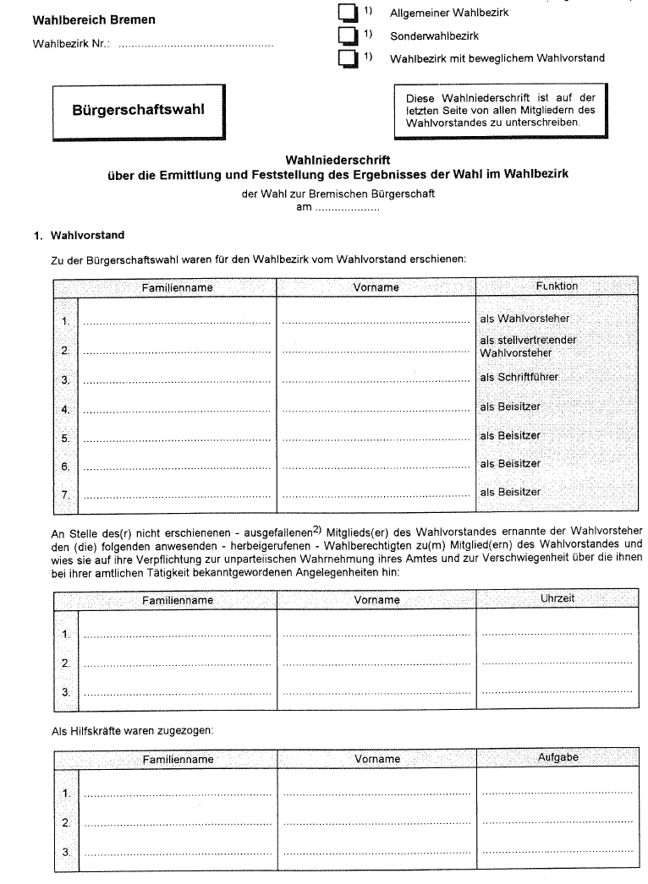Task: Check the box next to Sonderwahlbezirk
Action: tap(347, 35)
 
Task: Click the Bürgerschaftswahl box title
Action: tap(138, 110)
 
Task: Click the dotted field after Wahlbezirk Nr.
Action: tap(195, 44)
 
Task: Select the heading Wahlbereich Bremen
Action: tap(94, 19)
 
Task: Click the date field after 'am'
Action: tap(347, 209)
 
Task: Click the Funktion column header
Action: tap(556, 286)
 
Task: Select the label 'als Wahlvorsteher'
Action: tap(524, 319)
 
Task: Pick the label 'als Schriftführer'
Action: tap(519, 378)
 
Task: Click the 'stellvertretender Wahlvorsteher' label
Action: tap(527, 346)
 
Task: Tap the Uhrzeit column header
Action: tap(557, 598)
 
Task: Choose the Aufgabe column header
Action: tap(557, 758)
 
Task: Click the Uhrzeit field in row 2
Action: tap(557, 663)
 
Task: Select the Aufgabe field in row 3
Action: tap(557, 852)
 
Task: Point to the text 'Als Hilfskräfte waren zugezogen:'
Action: tap(133, 729)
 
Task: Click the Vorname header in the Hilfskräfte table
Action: tap(376, 759)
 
